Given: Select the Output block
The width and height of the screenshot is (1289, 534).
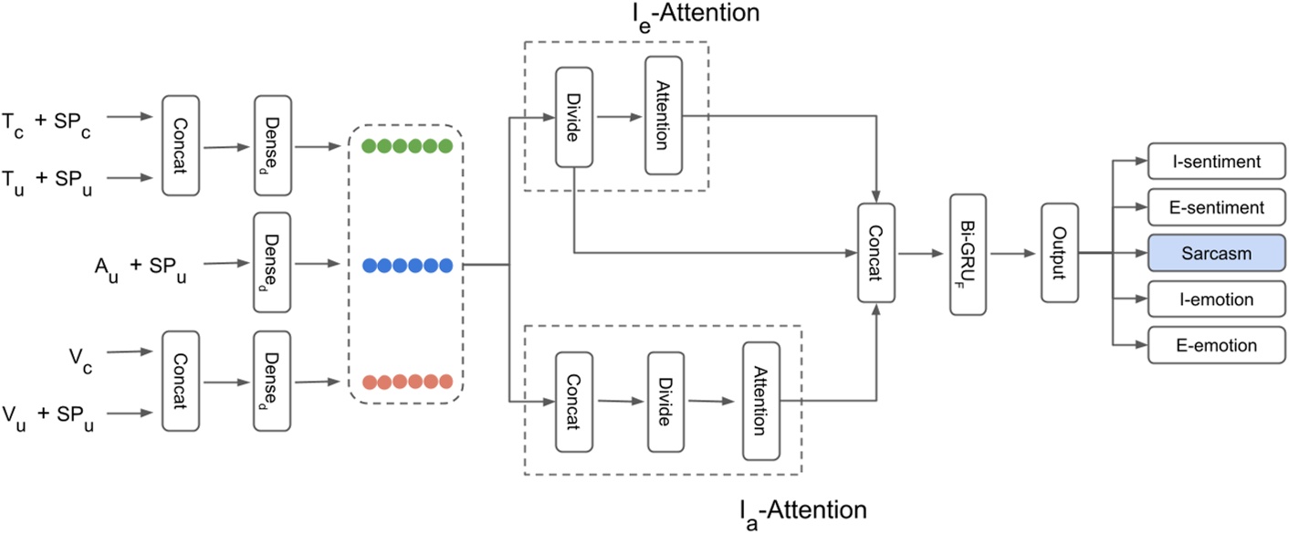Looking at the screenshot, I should pos(1060,252).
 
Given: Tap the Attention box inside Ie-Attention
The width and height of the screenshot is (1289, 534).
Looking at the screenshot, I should pos(664,116).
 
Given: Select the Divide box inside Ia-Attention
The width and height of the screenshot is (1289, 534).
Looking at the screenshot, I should pos(666,402).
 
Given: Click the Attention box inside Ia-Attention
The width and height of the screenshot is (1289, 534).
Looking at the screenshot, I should pos(761,402).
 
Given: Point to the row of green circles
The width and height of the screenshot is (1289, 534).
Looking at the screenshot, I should pos(407,146).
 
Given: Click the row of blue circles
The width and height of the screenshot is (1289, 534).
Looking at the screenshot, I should pos(407,266).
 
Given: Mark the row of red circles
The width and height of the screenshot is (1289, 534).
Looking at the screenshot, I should pos(407,382).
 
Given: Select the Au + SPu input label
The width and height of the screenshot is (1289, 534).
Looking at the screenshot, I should pos(138,266).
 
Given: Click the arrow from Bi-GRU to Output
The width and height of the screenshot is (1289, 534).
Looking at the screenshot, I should pos(1014,253).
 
